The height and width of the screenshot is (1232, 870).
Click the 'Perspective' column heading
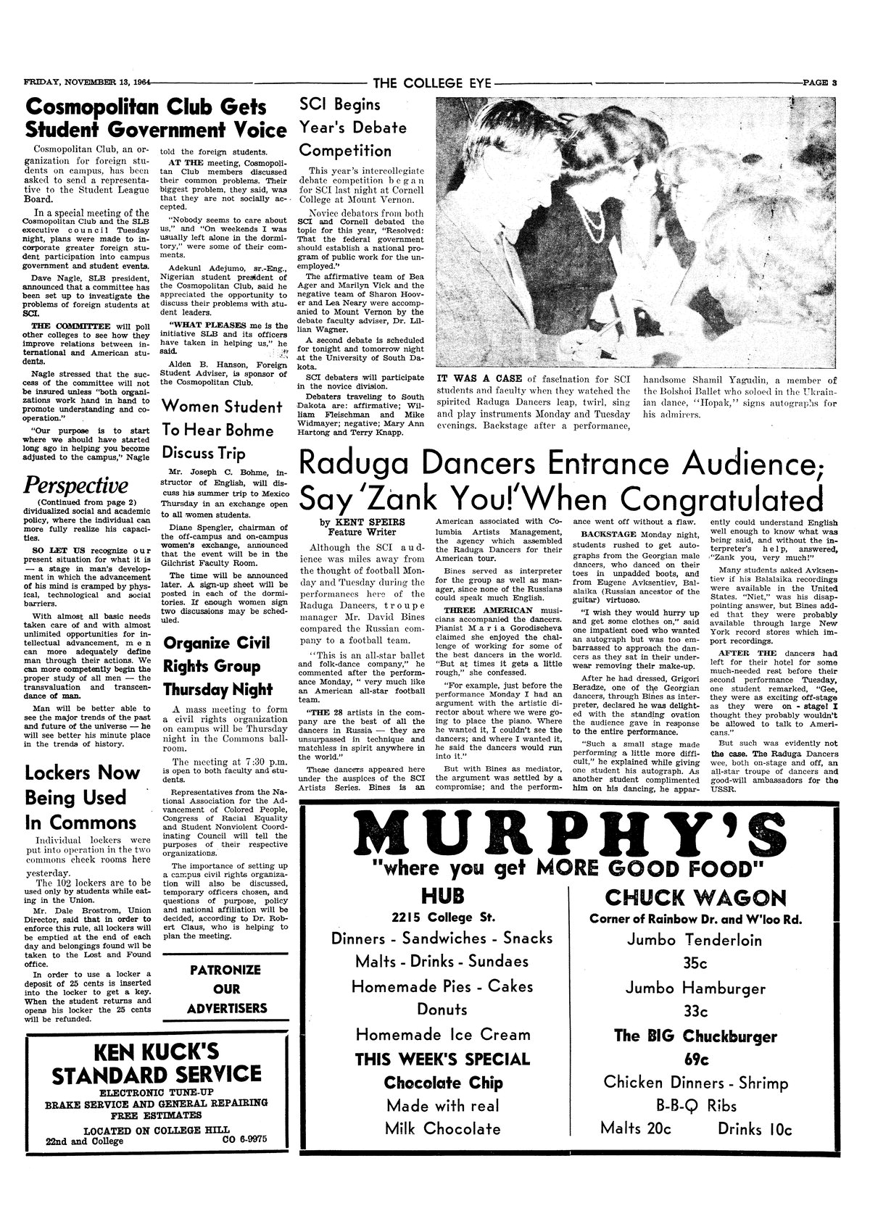tap(76, 485)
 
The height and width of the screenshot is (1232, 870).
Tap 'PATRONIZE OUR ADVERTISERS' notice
tap(227, 988)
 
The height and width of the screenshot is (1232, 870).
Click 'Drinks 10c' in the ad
tap(755, 1129)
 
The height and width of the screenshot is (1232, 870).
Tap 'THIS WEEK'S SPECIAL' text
tap(442, 1059)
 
